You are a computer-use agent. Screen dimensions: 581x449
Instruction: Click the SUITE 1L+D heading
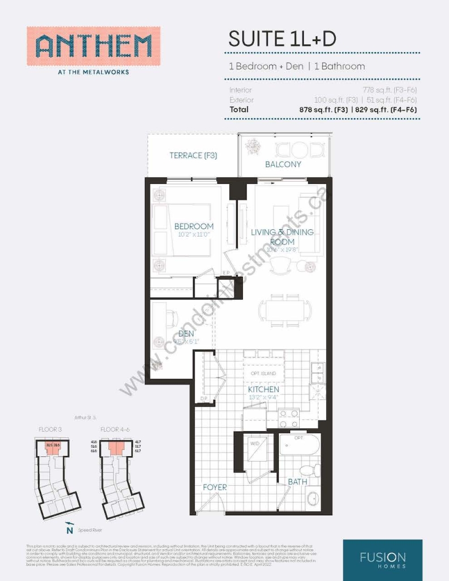(x=282, y=39)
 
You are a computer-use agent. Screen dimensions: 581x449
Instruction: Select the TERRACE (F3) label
(x=193, y=155)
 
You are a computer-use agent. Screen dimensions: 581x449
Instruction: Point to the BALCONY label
(x=283, y=164)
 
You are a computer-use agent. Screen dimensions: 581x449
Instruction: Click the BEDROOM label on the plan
(x=194, y=226)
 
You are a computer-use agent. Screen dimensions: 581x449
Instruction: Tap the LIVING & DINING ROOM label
(x=282, y=237)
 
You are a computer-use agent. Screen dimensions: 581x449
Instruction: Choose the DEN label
(x=186, y=334)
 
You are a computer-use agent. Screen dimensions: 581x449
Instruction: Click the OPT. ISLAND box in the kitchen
(x=263, y=373)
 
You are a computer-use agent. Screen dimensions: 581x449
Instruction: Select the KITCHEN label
(x=263, y=390)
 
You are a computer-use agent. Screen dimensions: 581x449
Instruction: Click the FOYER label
(x=215, y=487)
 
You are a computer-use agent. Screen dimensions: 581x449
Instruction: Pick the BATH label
(x=297, y=482)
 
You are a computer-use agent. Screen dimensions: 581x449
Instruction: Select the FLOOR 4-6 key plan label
(x=115, y=430)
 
